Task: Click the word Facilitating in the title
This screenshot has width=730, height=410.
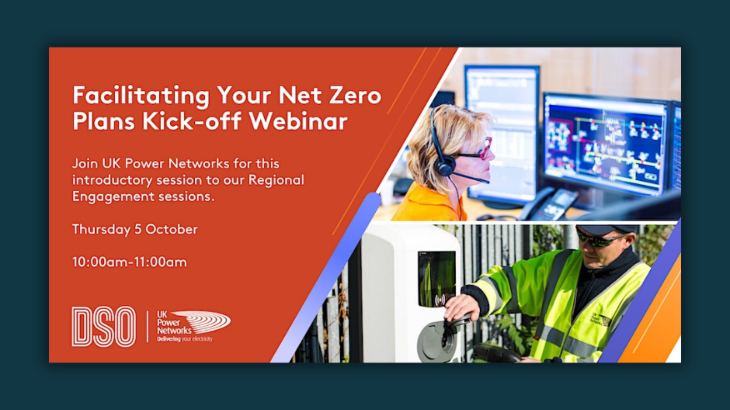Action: (x=141, y=95)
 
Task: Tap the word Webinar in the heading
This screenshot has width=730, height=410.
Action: (x=298, y=121)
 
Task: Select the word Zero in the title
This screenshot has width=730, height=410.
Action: (x=355, y=95)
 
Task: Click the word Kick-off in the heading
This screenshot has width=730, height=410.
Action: (x=192, y=121)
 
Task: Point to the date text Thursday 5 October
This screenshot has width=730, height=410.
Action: (x=135, y=229)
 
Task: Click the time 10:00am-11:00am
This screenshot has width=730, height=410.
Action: (x=129, y=262)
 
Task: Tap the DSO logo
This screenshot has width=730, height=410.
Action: (x=103, y=326)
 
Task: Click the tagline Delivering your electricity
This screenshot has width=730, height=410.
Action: (x=185, y=339)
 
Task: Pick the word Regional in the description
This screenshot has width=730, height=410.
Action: (x=276, y=180)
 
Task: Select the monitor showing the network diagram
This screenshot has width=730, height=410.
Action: (x=605, y=144)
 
